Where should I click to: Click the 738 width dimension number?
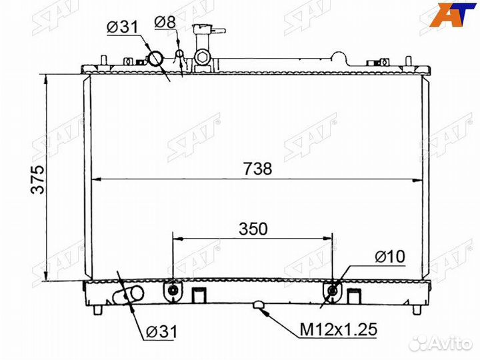point(258,169)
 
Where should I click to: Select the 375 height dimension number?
point(38,179)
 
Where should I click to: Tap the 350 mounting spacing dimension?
point(253,229)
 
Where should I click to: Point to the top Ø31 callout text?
point(123,27)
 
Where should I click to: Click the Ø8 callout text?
point(165,22)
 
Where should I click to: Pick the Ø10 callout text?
point(390,257)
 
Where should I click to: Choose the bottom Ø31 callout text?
point(161,331)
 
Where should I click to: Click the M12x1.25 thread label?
point(338,330)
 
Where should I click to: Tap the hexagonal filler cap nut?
point(202,57)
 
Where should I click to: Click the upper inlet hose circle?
point(156,59)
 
